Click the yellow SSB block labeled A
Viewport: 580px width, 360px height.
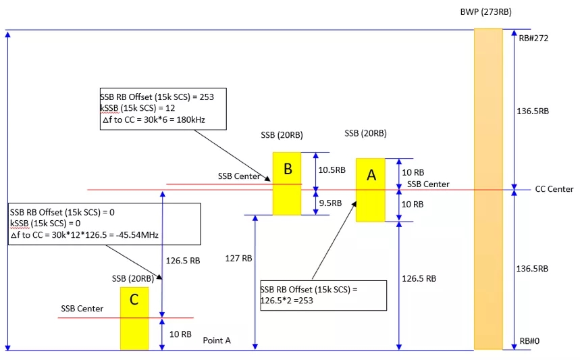coord(370,190)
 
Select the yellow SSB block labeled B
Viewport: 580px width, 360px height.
coord(287,183)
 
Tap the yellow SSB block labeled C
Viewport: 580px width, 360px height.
coord(134,318)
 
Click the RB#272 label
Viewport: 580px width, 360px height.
coord(533,38)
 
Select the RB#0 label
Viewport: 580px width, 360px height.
coord(529,341)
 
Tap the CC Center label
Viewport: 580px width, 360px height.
coord(554,189)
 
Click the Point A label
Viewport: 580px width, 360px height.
coord(217,340)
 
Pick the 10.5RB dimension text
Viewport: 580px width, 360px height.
coord(332,170)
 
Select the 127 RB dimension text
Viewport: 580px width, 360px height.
coord(238,258)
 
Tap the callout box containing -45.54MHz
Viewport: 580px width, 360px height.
coord(104,224)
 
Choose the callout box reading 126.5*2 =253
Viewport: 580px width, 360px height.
coord(323,294)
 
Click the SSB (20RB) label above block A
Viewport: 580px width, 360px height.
coord(365,134)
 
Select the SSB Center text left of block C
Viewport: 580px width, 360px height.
coord(82,309)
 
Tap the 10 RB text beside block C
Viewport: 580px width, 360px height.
coord(180,334)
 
